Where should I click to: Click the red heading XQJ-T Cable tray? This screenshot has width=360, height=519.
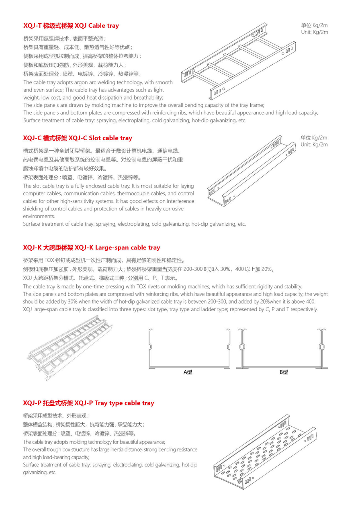click(71, 26)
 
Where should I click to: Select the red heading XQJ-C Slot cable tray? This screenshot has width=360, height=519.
click(78, 138)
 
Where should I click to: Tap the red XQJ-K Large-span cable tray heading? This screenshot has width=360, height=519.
click(92, 247)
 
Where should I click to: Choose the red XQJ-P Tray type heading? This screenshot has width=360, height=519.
click(88, 403)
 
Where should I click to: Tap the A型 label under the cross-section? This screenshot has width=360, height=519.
click(188, 372)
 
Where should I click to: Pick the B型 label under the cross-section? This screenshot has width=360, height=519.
click(284, 372)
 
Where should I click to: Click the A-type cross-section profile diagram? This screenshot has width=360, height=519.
click(189, 349)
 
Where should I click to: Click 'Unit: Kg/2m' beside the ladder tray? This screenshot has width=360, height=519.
click(314, 32)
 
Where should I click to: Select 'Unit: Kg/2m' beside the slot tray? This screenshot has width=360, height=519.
click(314, 145)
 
